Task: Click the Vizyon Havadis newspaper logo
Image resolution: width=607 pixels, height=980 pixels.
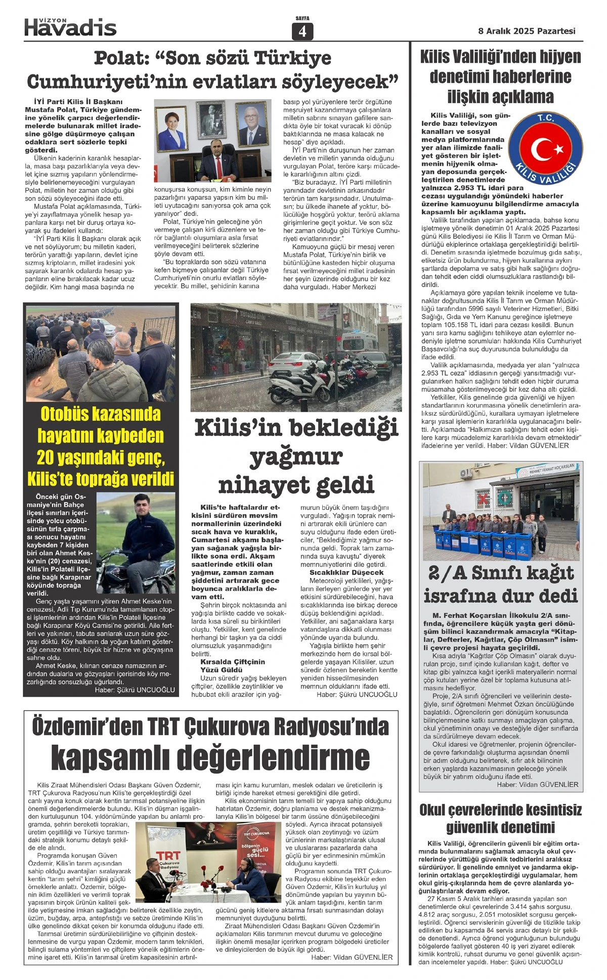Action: pos(70,27)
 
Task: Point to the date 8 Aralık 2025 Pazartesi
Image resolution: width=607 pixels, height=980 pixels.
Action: pos(527,31)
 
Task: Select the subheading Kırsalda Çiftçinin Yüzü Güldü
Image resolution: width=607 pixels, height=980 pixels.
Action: pos(232,665)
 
